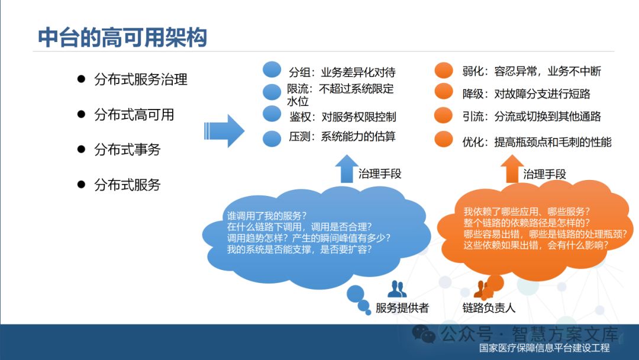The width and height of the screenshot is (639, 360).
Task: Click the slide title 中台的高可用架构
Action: click(122, 37)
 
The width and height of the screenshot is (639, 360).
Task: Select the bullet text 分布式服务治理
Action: click(140, 79)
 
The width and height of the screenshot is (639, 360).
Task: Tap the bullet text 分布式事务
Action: click(127, 149)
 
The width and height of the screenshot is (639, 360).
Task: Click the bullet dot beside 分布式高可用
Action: click(82, 114)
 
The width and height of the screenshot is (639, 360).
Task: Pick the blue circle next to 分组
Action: click(272, 70)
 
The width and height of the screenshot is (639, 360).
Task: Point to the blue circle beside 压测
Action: click(272, 137)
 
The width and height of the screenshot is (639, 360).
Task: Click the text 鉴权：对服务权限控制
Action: click(343, 116)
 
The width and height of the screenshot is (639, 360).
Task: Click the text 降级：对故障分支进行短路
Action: click(526, 94)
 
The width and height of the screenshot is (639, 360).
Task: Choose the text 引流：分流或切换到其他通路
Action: click(531, 116)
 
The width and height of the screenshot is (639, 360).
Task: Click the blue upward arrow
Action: click(346, 169)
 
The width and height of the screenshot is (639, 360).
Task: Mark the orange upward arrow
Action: click(510, 169)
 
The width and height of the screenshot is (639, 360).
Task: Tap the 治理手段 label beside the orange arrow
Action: click(544, 174)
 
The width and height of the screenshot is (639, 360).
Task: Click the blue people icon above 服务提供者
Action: click(397, 290)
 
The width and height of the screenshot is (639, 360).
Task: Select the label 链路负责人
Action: click(489, 308)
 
